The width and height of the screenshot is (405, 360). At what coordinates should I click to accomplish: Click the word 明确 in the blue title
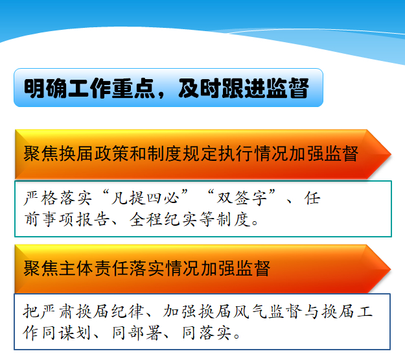tap(46, 88)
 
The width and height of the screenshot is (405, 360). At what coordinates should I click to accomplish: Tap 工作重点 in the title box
tap(111, 88)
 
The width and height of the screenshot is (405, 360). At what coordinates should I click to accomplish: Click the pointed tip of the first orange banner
tap(391, 154)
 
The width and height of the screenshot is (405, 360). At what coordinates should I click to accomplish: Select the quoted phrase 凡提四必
tap(145, 198)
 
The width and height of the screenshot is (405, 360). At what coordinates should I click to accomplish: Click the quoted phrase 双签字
tap(242, 198)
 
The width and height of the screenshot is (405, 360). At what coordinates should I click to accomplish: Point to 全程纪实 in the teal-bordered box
tap(163, 220)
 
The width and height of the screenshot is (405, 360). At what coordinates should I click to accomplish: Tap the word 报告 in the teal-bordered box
tap(93, 220)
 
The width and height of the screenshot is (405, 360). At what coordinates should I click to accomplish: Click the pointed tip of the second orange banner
tap(390, 269)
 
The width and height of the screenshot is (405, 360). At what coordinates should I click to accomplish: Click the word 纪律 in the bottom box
tap(128, 311)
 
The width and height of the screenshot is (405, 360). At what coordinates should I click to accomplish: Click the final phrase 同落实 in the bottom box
tap(207, 333)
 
